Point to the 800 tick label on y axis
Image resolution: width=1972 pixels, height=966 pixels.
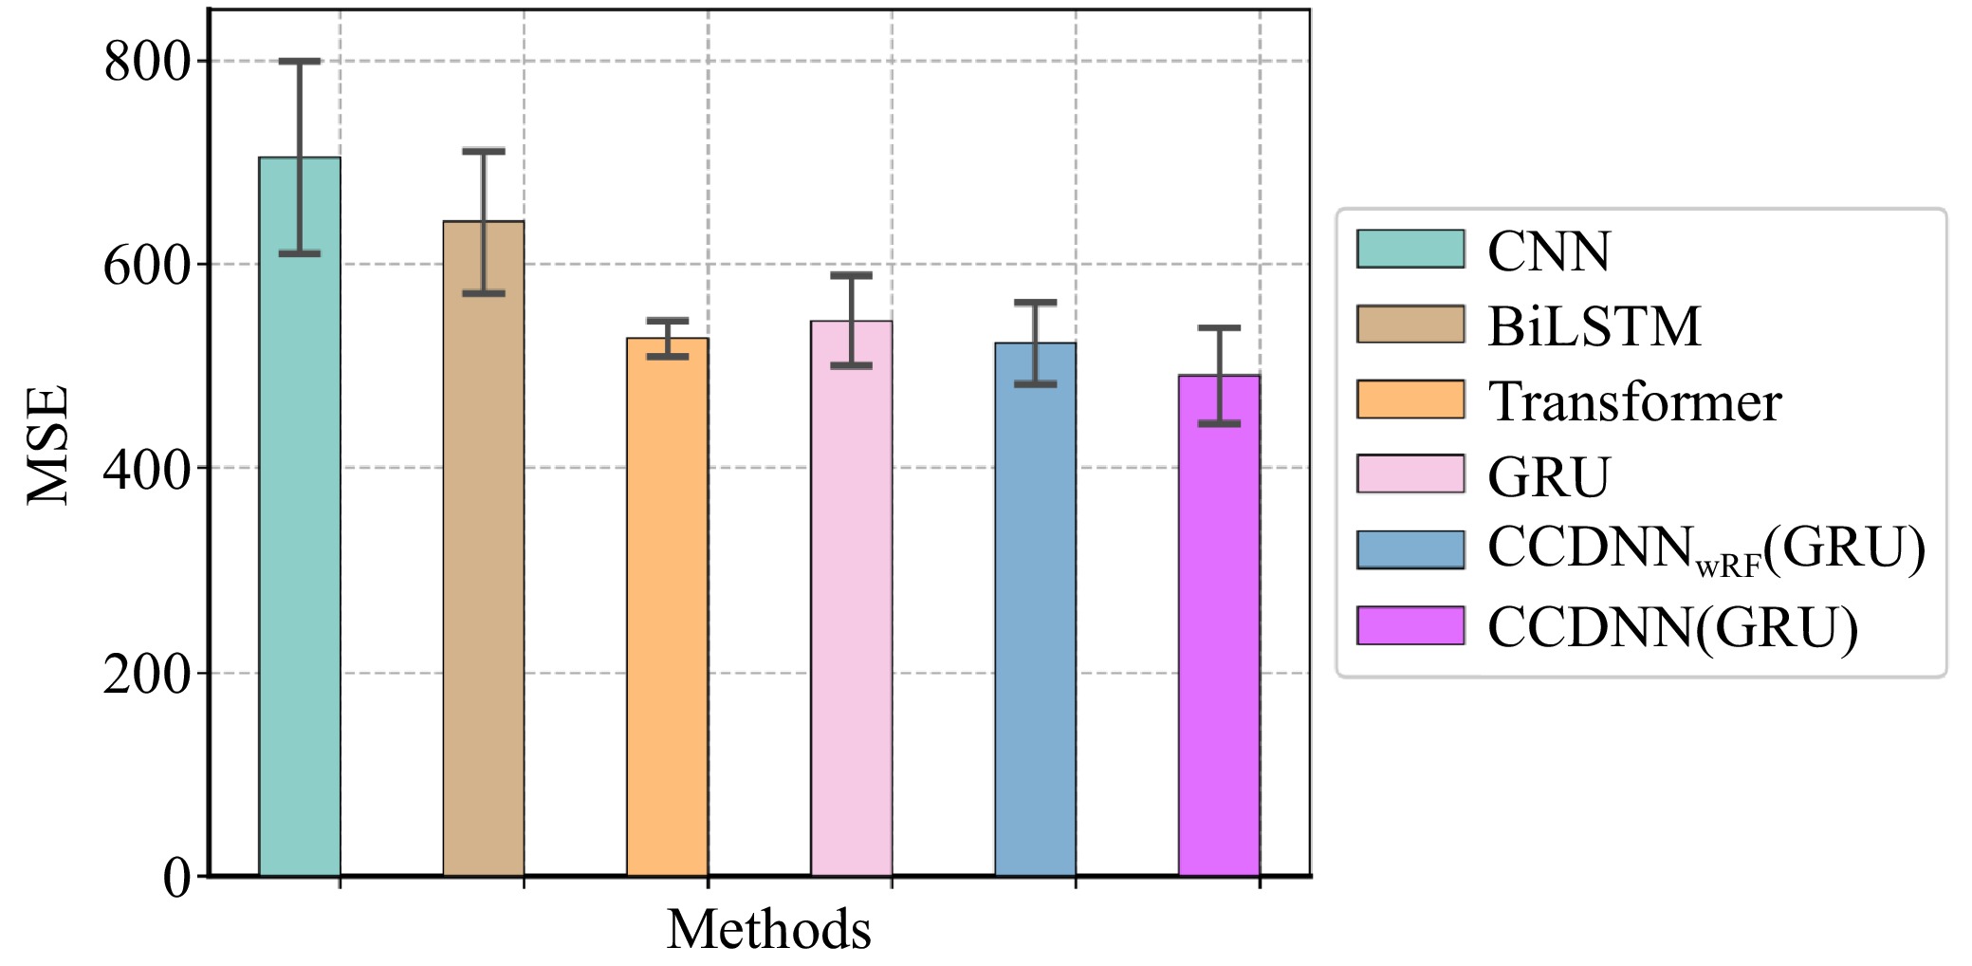click(x=147, y=62)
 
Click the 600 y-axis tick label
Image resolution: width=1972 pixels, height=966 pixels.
click(x=147, y=265)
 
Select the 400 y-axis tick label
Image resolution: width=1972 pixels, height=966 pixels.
click(x=147, y=469)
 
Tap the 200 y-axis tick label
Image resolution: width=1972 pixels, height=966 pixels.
click(x=147, y=674)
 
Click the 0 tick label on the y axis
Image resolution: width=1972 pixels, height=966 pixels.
click(x=176, y=878)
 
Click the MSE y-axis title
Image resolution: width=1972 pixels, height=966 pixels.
click(x=47, y=444)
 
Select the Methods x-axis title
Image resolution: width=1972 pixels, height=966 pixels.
click(x=768, y=929)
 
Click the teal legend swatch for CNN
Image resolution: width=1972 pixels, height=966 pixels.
click(x=1410, y=249)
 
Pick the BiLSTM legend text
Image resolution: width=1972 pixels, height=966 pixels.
click(x=1594, y=325)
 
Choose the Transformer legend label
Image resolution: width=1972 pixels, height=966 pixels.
click(x=1634, y=400)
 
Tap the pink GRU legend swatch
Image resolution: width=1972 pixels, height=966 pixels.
click(x=1410, y=474)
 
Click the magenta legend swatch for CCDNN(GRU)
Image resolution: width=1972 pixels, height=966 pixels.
click(x=1410, y=625)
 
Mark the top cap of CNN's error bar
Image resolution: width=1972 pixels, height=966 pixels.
click(x=300, y=61)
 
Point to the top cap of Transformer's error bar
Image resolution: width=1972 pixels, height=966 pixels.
click(x=668, y=320)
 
